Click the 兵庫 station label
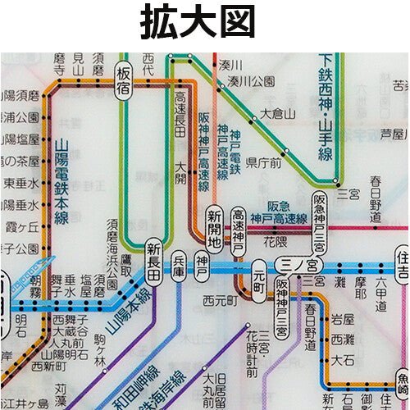point(180,269)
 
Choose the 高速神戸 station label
point(238,230)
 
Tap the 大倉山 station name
point(278,113)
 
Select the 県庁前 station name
point(264,162)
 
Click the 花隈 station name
point(275,244)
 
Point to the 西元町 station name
point(220,299)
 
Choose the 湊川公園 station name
point(251,81)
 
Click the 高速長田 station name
point(180,115)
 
